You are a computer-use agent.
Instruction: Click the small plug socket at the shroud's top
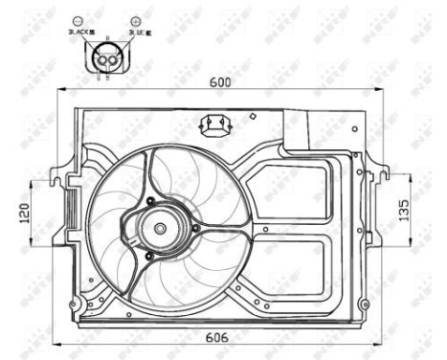pos(215,124)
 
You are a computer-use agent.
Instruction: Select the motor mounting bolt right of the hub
pos(195,228)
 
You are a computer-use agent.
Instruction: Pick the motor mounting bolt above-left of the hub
pos(150,199)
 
